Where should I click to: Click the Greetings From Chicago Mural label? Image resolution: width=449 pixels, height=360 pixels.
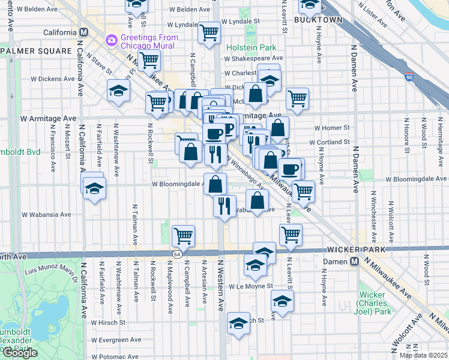click(148, 41)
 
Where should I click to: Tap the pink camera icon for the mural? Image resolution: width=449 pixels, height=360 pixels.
click(110, 40)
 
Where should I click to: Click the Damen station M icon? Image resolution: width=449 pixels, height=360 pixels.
click(355, 261)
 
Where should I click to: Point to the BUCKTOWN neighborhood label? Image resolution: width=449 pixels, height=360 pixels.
click(318, 20)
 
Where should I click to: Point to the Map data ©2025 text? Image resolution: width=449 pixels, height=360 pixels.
click(423, 355)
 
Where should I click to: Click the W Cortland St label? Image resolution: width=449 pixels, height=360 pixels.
click(329, 142)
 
